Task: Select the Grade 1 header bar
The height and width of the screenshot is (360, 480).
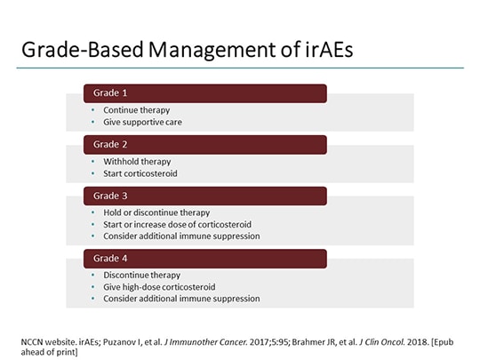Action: (x=205, y=93)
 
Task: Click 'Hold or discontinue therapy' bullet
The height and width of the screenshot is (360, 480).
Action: (x=156, y=213)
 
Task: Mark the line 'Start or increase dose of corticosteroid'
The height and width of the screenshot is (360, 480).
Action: (x=179, y=224)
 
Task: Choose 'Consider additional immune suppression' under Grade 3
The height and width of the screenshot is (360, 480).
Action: (x=181, y=236)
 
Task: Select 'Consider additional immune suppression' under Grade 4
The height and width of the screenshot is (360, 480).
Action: (x=181, y=299)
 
